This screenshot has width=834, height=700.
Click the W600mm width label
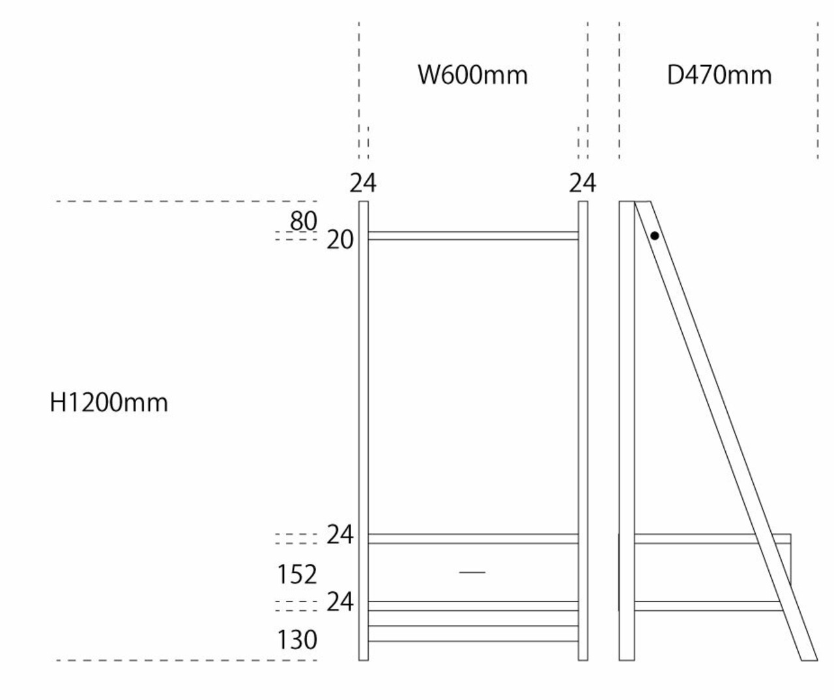(472, 75)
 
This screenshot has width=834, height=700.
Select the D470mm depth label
(719, 75)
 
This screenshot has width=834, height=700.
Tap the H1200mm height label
(109, 403)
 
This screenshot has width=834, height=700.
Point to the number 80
(304, 222)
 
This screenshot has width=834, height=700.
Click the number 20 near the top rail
(340, 241)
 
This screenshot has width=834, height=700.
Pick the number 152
(297, 574)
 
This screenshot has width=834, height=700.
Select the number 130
(297, 640)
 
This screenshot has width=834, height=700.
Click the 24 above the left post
(363, 184)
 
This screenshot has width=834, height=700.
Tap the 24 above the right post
(582, 184)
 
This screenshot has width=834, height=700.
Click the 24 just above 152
(340, 535)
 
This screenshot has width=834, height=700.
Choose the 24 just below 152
(340, 602)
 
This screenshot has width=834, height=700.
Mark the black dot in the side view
(654, 236)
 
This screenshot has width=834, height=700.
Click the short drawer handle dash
(472, 572)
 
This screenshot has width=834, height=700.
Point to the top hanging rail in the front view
(473, 236)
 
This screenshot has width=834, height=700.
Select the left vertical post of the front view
(364, 430)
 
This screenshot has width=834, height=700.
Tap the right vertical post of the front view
(583, 430)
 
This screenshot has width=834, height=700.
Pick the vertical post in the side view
(627, 430)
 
